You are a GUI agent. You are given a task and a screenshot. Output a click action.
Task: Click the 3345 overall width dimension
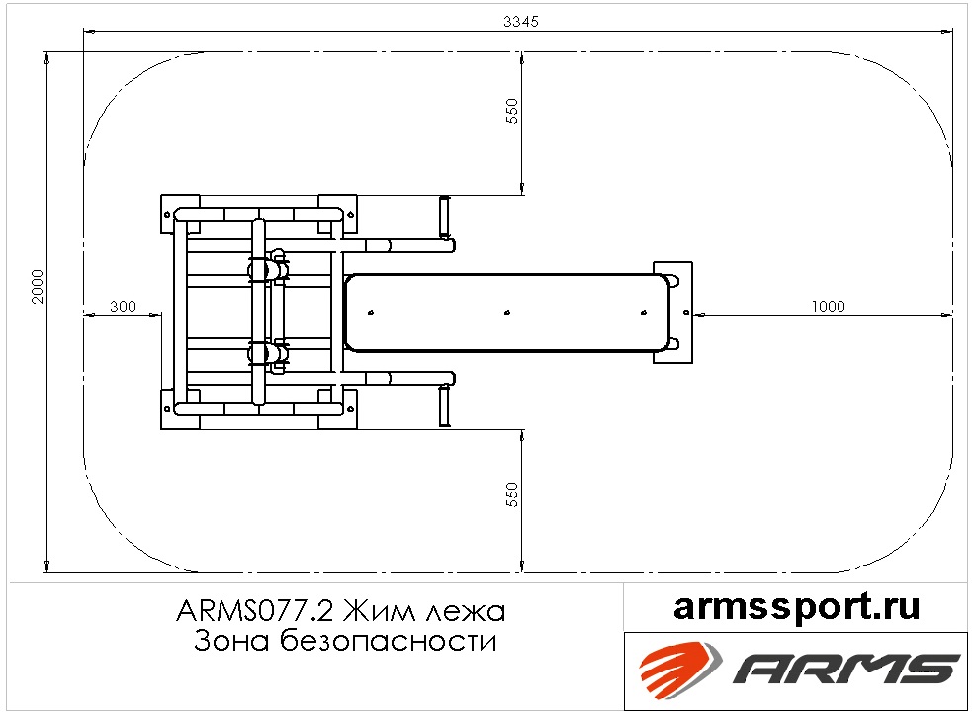tap(521, 21)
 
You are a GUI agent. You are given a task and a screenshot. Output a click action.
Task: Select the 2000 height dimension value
tap(39, 286)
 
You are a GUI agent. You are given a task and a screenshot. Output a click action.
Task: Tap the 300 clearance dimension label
tap(123, 306)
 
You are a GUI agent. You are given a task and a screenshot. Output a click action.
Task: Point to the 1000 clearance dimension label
tap(829, 306)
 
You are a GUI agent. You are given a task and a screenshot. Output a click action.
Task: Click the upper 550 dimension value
tap(512, 111)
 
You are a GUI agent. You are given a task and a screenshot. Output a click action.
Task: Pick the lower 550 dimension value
tap(512, 494)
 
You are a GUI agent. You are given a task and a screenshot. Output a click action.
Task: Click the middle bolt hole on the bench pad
tap(507, 313)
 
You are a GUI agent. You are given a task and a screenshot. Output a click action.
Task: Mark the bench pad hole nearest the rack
tap(371, 313)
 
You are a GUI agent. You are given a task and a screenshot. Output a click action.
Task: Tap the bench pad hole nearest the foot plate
tap(644, 313)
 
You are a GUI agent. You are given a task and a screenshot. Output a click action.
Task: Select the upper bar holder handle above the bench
tap(444, 217)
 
